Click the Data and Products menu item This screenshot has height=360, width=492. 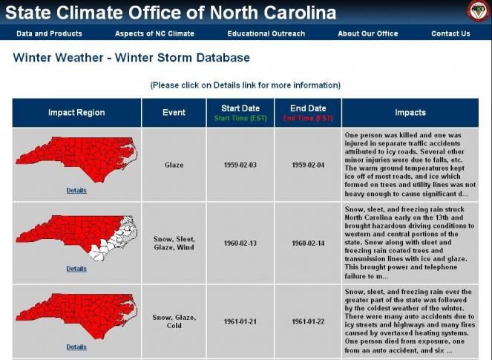coord(49,33)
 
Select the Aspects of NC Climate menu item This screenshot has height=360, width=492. coord(154,33)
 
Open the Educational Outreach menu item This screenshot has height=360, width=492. coord(266,33)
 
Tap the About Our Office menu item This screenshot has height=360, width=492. coord(367,33)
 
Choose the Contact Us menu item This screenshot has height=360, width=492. coord(450,33)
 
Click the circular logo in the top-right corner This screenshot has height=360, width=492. coord(476,10)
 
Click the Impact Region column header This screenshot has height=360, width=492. coord(76,113)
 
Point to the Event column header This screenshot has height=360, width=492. coord(174,113)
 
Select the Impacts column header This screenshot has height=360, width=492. coord(410,113)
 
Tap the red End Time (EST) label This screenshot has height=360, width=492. coord(308,118)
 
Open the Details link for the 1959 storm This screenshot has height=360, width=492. coord(76,191)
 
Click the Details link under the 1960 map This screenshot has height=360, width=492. coord(76,269)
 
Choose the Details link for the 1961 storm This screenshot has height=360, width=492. coord(76,347)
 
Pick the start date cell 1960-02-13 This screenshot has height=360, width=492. coord(240,243)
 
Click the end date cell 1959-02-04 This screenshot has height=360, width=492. coord(308,165)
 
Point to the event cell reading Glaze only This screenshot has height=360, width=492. coord(174,165)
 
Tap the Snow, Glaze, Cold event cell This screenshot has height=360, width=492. coord(174,321)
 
